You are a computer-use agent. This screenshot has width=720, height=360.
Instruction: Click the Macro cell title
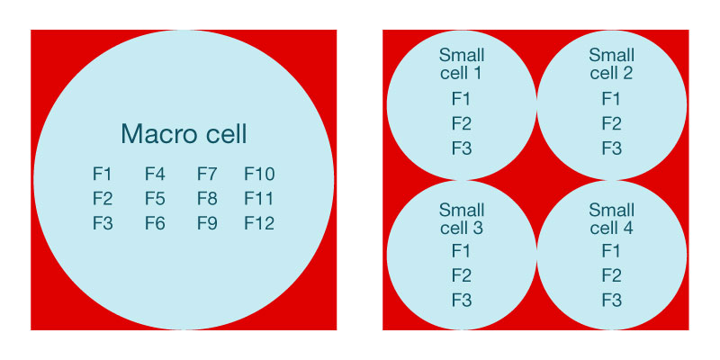click(184, 134)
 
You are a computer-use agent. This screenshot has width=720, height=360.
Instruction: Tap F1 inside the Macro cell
click(103, 174)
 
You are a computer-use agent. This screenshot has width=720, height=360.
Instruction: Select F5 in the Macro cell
click(155, 198)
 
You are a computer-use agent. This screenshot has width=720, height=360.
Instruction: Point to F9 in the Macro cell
click(207, 222)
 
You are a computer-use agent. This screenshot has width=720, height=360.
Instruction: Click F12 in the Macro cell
click(259, 222)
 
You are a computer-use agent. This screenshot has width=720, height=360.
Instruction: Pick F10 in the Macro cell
click(259, 174)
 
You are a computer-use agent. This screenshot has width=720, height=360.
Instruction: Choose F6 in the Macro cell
click(155, 222)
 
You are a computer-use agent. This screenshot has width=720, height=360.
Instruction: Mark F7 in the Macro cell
click(207, 174)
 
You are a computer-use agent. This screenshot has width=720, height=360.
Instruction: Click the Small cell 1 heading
click(461, 64)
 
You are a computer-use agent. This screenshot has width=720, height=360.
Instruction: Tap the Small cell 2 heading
click(611, 64)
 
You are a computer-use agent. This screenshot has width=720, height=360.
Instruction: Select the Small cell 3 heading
click(461, 219)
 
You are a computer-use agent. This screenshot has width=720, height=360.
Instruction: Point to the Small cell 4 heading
click(611, 219)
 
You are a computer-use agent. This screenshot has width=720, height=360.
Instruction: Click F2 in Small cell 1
click(461, 123)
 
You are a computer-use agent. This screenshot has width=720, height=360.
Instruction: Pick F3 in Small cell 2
click(611, 148)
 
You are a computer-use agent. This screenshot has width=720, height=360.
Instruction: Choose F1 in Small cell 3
click(461, 250)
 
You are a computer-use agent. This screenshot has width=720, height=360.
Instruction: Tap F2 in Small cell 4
click(611, 274)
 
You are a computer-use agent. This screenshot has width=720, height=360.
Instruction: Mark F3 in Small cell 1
click(461, 148)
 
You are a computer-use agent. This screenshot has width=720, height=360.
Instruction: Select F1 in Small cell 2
click(611, 99)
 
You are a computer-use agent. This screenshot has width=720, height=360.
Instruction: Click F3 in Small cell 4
click(611, 299)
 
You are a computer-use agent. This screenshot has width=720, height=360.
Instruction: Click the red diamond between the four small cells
click(536, 180)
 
